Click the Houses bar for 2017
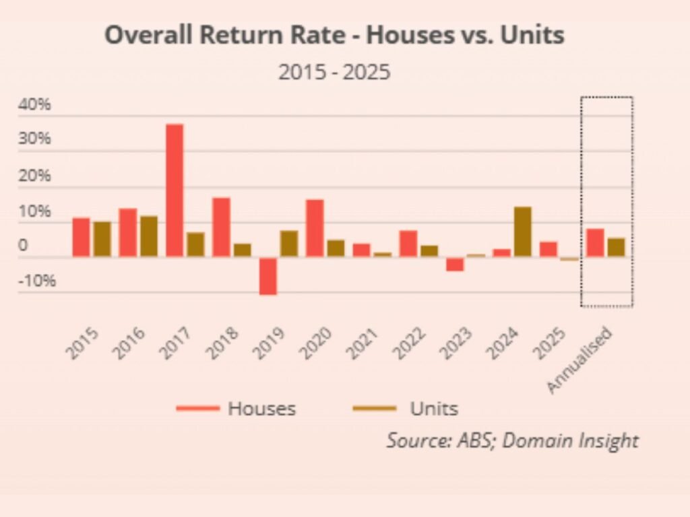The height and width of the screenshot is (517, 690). (175, 190)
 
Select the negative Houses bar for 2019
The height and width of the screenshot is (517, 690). (268, 276)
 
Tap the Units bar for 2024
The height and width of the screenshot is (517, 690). (522, 232)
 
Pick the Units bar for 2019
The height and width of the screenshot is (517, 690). (288, 244)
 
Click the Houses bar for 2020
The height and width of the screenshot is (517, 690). (315, 228)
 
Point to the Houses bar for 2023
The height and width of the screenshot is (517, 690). (455, 264)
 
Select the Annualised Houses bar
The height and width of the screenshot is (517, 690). (595, 243)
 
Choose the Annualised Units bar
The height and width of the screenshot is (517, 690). (616, 247)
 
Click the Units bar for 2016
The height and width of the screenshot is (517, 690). (149, 236)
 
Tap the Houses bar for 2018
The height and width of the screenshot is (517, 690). (222, 227)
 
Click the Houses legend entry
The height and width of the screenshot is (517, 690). (236, 408)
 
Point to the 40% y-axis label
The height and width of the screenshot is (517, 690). (36, 105)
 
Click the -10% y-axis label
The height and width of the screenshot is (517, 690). (38, 281)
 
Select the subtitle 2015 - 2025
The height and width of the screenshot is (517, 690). (334, 71)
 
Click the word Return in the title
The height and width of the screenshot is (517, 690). (226, 35)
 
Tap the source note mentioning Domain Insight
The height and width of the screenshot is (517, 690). (512, 440)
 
